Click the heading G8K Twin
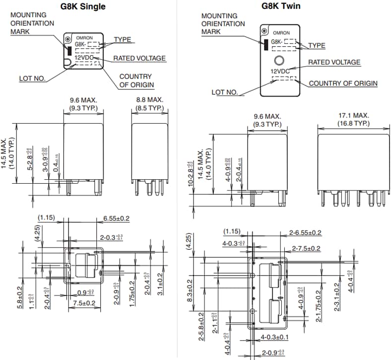(281, 6)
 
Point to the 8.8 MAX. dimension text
(149, 100)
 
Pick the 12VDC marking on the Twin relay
(280, 71)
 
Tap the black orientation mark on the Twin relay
(265, 44)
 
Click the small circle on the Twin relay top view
(279, 61)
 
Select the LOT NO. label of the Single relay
(33, 78)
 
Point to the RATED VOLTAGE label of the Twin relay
(334, 62)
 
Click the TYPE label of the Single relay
(122, 40)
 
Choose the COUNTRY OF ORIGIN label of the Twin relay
(343, 83)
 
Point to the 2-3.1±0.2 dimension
(337, 296)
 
